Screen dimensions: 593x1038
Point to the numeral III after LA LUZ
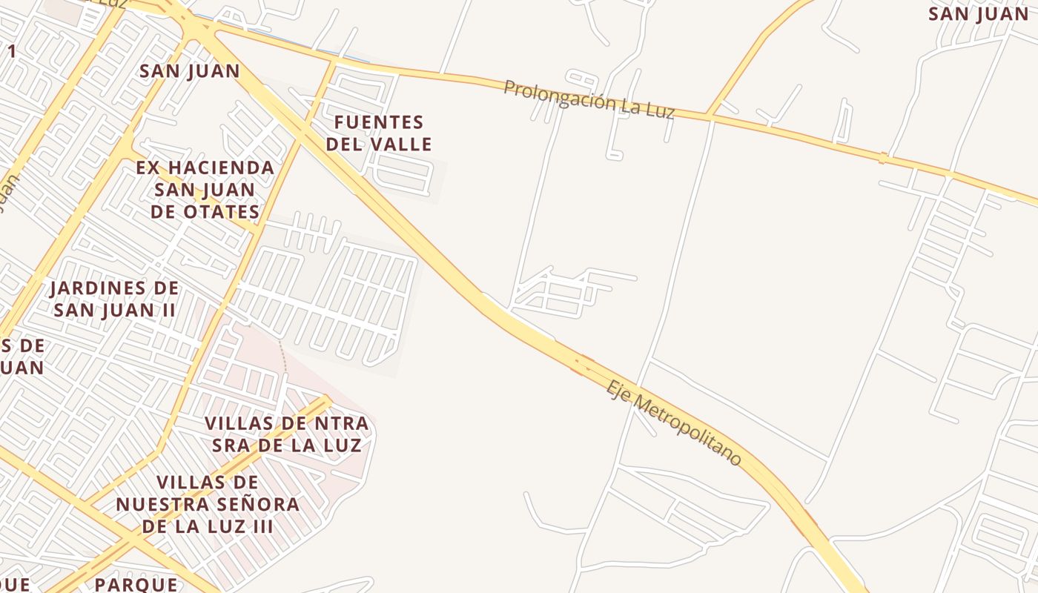[260, 526]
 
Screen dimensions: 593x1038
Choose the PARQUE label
[136, 584]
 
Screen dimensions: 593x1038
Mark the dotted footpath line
[282, 357]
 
